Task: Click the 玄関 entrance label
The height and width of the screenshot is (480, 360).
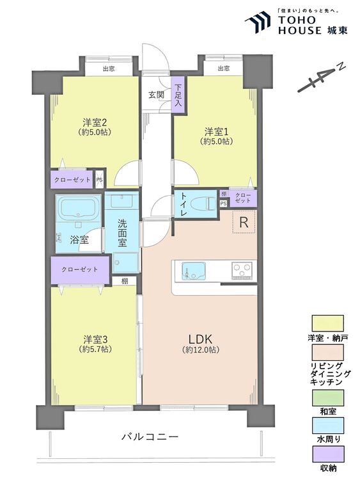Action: (x=157, y=95)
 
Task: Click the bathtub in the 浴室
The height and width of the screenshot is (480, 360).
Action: (x=78, y=209)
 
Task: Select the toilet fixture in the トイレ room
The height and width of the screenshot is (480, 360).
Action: (x=206, y=203)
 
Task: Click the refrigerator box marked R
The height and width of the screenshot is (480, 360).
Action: (x=244, y=223)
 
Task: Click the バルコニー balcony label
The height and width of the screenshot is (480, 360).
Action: (x=150, y=437)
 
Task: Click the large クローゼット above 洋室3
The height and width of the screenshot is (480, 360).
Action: (x=79, y=269)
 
